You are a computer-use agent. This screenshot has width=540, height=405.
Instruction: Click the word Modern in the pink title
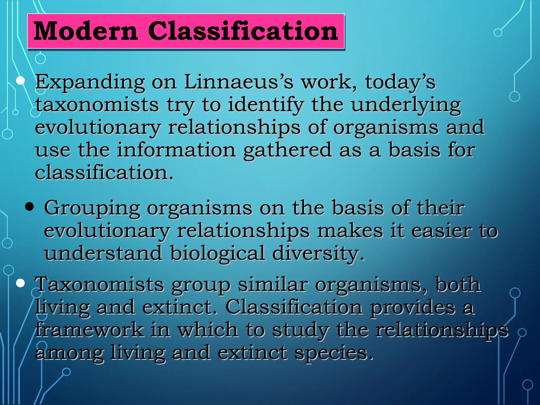pyautogui.click(x=86, y=31)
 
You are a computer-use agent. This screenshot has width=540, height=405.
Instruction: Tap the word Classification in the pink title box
pyautogui.click(x=243, y=31)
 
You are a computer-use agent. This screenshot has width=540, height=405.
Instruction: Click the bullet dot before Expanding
pyautogui.click(x=20, y=81)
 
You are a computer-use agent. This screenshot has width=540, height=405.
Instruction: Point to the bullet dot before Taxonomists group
pyautogui.click(x=20, y=283)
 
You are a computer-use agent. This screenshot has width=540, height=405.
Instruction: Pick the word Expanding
pyautogui.click(x=90, y=82)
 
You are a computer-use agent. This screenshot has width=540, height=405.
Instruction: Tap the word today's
pyautogui.click(x=400, y=82)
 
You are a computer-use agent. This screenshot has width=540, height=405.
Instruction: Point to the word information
pyautogui.click(x=176, y=150)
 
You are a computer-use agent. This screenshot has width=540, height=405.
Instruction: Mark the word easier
pyautogui.click(x=441, y=231)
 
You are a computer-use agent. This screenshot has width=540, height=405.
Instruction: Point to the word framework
pyautogui.click(x=90, y=330)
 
